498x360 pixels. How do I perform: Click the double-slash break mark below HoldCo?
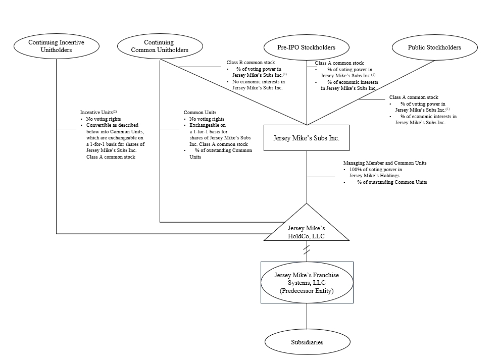[x=307, y=250]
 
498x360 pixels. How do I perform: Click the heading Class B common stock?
[x=251, y=63]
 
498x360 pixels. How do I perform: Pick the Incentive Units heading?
[x=98, y=113]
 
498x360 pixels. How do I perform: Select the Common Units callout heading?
[x=200, y=113]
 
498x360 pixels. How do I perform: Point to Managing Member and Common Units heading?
[x=385, y=163]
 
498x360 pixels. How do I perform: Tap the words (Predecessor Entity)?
[x=307, y=291]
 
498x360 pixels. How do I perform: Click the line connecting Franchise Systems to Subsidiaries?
[x=307, y=316]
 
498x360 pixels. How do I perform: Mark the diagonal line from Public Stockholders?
[x=371, y=93]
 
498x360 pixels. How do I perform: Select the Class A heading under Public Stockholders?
[x=414, y=97]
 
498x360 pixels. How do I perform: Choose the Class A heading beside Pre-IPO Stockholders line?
[x=339, y=63]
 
